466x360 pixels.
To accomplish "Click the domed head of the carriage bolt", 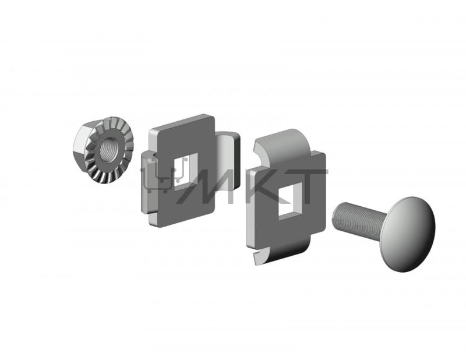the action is tap(411, 234).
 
